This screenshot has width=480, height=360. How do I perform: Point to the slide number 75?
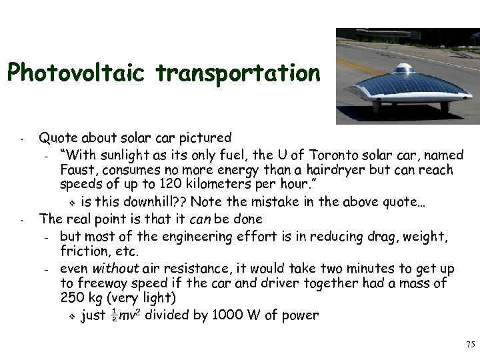pos(469,345)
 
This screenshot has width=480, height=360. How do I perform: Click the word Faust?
pos(77,169)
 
